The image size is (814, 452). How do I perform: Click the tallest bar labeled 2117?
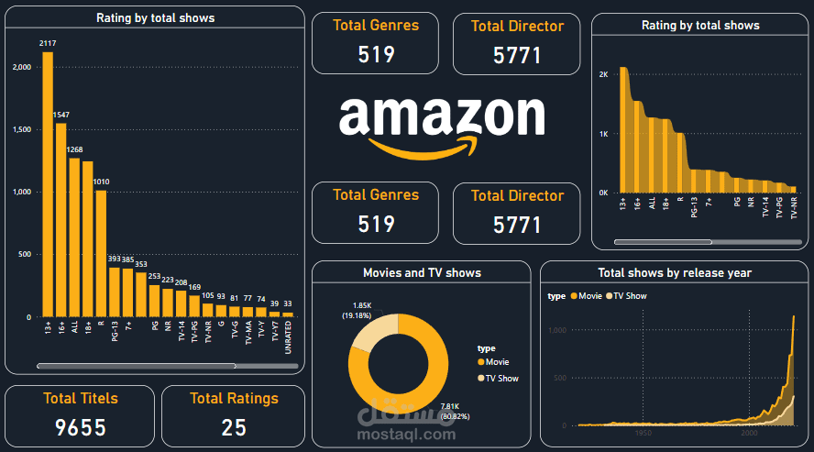click(x=48, y=183)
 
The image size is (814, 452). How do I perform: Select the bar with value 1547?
click(x=60, y=220)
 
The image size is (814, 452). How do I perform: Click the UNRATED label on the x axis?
click(x=288, y=336)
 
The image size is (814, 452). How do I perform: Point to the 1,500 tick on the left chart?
click(x=21, y=129)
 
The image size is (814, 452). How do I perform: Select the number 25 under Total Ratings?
click(x=233, y=427)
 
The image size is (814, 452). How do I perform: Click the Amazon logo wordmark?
click(x=441, y=117)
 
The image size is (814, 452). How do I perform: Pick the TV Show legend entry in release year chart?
click(x=630, y=296)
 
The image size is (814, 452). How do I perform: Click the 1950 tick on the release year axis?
click(x=643, y=431)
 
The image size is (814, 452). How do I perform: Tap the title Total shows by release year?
click(x=674, y=272)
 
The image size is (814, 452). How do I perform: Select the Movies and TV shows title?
click(x=422, y=272)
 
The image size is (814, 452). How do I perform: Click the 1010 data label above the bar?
click(x=101, y=182)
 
